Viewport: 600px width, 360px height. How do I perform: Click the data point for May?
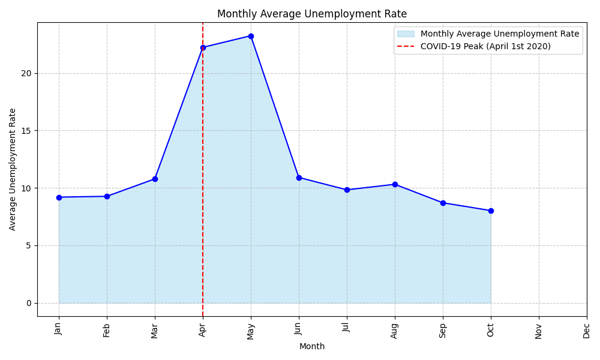(251, 36)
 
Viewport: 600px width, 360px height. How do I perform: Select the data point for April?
(203, 47)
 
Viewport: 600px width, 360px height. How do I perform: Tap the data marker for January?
(59, 197)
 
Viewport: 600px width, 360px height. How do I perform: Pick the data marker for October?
(491, 211)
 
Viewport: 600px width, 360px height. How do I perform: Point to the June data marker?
(299, 178)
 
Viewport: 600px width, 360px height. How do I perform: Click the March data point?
(155, 179)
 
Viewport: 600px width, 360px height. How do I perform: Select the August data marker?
(395, 184)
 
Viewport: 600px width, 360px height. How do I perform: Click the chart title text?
(311, 14)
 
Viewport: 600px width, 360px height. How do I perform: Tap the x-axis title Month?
(311, 346)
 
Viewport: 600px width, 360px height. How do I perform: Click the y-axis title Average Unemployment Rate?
(13, 169)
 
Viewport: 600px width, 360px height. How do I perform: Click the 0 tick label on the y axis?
(28, 303)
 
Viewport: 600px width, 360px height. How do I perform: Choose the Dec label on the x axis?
(587, 331)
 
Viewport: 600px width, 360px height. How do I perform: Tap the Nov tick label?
(539, 331)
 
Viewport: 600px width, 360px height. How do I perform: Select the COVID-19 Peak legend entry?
(485, 46)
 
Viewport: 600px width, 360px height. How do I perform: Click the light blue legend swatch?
(406, 34)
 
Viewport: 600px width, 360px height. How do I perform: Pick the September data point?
(443, 203)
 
